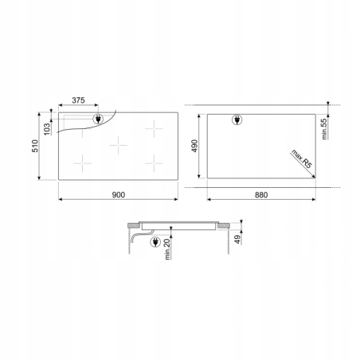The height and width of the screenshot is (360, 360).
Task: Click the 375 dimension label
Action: pyautogui.click(x=78, y=100)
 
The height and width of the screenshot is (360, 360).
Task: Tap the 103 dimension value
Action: pyautogui.click(x=47, y=129)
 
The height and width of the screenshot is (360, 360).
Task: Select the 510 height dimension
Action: pyautogui.click(x=35, y=146)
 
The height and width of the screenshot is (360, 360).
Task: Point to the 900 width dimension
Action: pyautogui.click(x=119, y=195)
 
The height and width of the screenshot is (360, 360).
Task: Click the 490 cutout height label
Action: pyautogui.click(x=194, y=146)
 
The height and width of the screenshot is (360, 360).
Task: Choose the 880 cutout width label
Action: pyautogui.click(x=261, y=195)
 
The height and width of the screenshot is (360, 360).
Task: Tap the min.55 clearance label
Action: pyautogui.click(x=324, y=129)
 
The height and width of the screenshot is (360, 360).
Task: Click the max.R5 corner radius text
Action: pyautogui.click(x=301, y=158)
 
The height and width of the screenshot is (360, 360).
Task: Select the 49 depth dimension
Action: pyautogui.click(x=238, y=239)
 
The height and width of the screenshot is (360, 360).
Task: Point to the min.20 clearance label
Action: pyautogui.click(x=167, y=249)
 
